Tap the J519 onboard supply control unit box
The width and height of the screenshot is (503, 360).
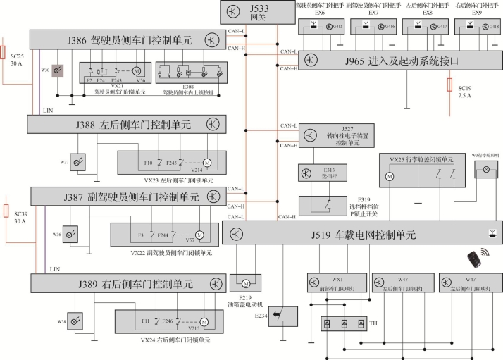pos(362,234)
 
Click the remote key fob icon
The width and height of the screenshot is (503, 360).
pos(473,261)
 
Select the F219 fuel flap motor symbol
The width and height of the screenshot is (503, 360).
pos(245,283)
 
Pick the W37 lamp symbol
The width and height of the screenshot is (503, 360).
pos(80,161)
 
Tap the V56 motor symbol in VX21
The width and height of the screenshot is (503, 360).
pos(137,71)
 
